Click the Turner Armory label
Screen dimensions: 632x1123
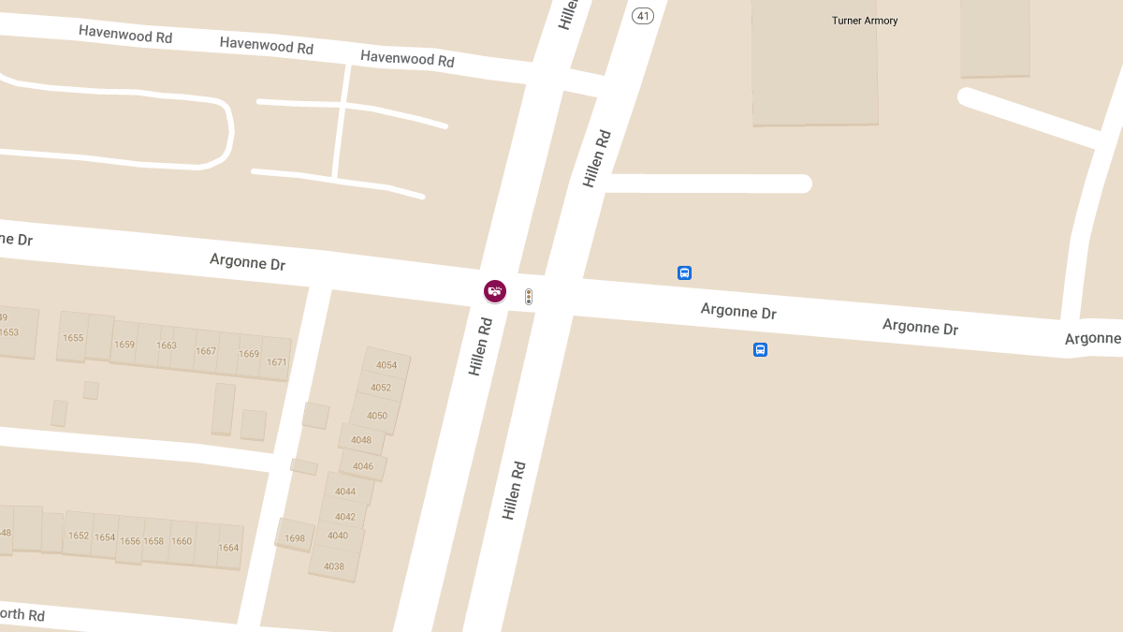(x=864, y=21)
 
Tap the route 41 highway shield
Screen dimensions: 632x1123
(x=642, y=16)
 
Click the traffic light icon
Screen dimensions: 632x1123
(x=529, y=297)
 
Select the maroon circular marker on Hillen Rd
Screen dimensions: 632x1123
(x=495, y=291)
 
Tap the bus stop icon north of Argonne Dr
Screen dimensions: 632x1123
(x=684, y=273)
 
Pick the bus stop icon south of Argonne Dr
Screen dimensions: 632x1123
(x=760, y=350)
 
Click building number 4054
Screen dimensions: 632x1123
(x=386, y=365)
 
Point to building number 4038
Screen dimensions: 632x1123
(x=334, y=566)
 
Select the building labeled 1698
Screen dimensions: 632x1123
(x=295, y=538)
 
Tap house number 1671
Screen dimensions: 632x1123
(x=276, y=362)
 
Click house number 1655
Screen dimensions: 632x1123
(x=73, y=338)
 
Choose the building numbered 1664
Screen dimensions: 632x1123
(x=228, y=548)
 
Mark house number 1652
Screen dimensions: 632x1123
(x=79, y=536)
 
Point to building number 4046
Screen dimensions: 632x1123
(x=363, y=466)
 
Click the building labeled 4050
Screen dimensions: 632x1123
(x=377, y=416)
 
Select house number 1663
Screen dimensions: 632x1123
(x=167, y=345)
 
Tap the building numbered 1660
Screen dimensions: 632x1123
(x=182, y=541)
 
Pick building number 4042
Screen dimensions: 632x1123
(x=345, y=517)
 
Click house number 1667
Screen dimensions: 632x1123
(x=206, y=352)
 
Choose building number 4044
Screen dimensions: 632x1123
(x=345, y=492)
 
